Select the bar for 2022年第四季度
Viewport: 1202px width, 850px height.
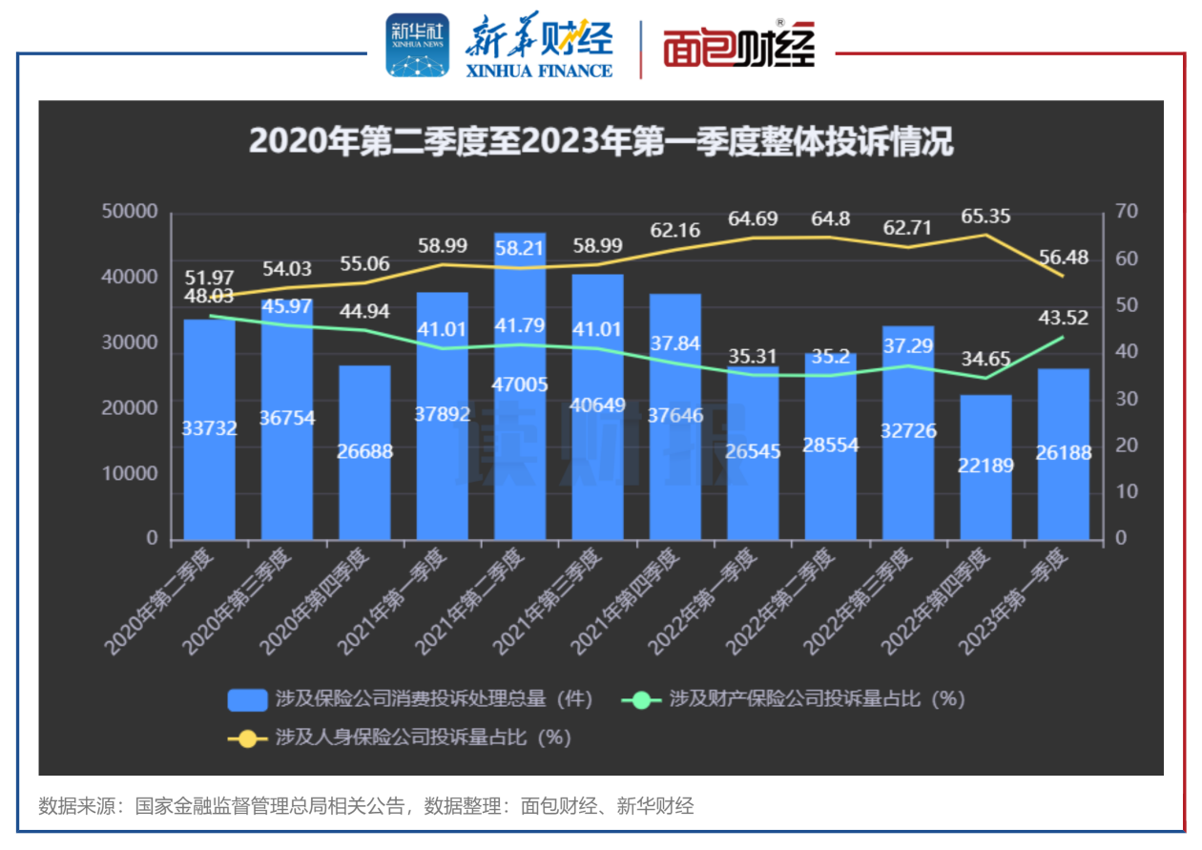point(985,467)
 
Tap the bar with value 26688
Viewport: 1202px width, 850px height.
point(364,452)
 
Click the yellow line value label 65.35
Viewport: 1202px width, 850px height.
point(985,216)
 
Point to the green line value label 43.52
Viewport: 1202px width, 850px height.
point(1064,318)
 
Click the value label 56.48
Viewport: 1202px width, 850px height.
point(1064,259)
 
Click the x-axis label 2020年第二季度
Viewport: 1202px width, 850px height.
point(161,599)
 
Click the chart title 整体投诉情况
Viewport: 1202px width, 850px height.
point(601,142)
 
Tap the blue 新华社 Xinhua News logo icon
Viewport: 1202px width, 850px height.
point(416,45)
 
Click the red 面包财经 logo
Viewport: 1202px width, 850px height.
point(738,46)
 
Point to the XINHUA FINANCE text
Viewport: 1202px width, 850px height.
point(539,71)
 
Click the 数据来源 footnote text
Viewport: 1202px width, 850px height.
point(365,806)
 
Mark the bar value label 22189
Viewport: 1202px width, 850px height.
point(985,466)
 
